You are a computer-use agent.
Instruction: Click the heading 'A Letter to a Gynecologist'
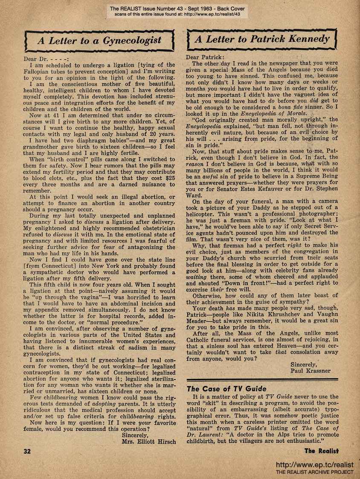99,41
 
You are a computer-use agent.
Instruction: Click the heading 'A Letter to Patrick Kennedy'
262,40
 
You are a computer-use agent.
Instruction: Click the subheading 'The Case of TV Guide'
226,389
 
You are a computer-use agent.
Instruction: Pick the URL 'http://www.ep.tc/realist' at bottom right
315,464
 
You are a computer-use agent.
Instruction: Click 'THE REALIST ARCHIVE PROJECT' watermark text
315,472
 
